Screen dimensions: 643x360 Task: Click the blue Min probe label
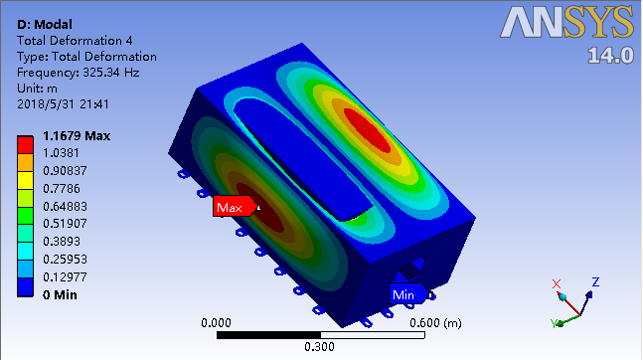407,294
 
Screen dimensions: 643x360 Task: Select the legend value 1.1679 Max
77,136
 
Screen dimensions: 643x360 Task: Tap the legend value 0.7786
62,188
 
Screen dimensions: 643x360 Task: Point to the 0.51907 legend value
65,224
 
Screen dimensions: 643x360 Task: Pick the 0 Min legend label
60,294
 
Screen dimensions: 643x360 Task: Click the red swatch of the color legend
25,144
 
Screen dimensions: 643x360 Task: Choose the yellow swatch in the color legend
25,180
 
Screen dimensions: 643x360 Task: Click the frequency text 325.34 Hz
111,73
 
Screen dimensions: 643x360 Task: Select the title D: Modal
45,25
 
